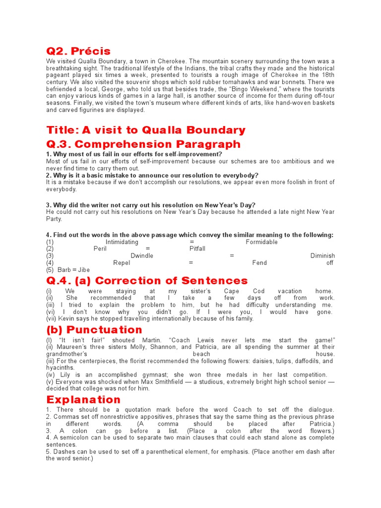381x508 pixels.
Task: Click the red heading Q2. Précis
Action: (78, 51)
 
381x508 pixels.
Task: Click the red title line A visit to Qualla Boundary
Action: (146, 130)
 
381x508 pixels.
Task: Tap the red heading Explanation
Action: (83, 399)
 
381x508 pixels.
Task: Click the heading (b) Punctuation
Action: (94, 330)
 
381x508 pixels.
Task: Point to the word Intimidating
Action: (122, 242)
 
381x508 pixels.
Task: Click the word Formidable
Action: (261, 242)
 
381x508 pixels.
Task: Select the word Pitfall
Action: (197, 249)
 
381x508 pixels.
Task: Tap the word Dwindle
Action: (142, 256)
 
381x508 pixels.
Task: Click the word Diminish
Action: (322, 256)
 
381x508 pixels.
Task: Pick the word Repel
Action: (122, 263)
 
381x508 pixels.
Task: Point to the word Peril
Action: (100, 249)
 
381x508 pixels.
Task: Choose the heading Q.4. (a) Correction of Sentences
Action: (147, 281)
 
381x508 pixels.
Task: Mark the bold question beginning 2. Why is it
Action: (152, 175)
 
